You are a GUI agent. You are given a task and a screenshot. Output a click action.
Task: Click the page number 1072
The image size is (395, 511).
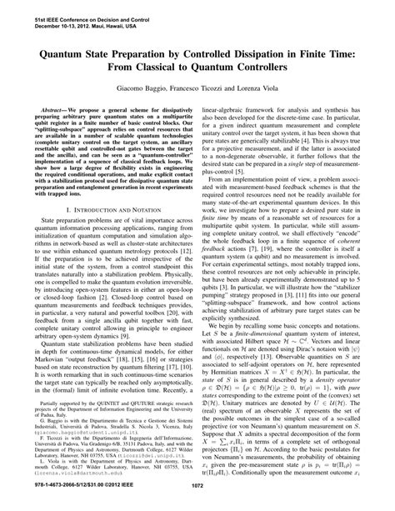click(x=197, y=503)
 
